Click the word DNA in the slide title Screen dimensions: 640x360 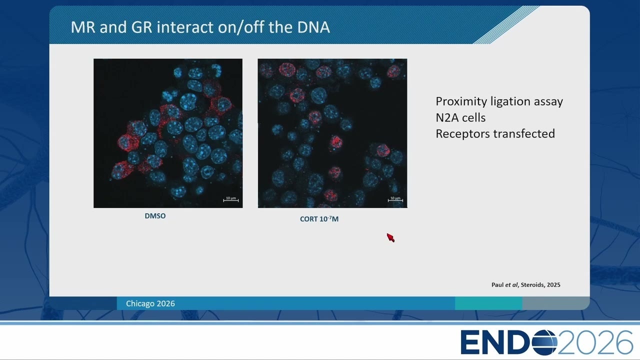click(313, 27)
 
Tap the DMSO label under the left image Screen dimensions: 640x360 click(155, 215)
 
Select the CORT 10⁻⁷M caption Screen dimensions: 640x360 click(319, 219)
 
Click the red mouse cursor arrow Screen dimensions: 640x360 click(390, 237)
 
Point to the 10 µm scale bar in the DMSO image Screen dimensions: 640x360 click(231, 200)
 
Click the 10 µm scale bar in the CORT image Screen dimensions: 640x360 click(395, 200)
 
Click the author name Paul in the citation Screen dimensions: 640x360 click(497, 285)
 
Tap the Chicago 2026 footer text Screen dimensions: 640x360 click(150, 303)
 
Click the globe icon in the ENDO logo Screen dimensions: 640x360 click(544, 342)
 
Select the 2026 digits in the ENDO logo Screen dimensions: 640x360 click(595, 342)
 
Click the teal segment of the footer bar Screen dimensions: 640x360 click(488, 303)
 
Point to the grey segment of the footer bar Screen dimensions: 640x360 click(555, 303)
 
